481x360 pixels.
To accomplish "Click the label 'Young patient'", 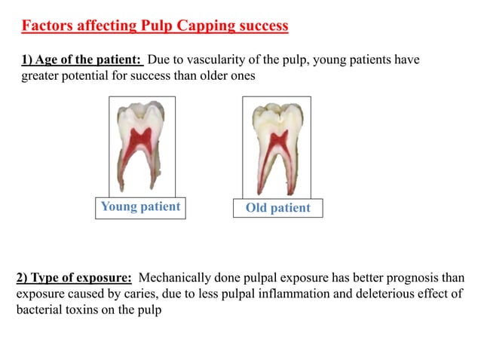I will click(x=140, y=207).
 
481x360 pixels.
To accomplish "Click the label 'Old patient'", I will click(x=278, y=208).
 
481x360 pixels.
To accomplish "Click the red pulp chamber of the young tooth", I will click(x=140, y=139).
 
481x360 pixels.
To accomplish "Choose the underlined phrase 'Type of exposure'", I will click(x=84, y=278).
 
